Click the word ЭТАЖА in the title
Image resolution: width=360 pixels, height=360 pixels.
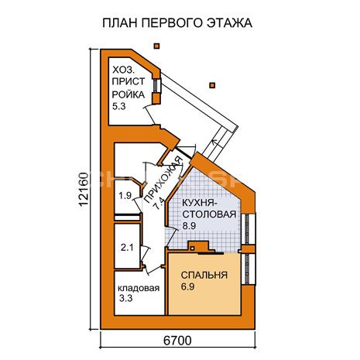pyautogui.click(x=229, y=23)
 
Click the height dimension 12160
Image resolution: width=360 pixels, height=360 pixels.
pyautogui.click(x=84, y=189)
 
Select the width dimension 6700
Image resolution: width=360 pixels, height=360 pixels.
pyautogui.click(x=177, y=341)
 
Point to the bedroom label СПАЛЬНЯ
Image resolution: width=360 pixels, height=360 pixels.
pyautogui.click(x=204, y=275)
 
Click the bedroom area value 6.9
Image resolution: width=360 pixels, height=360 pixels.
pyautogui.click(x=187, y=286)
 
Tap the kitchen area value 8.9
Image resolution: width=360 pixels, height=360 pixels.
pyautogui.click(x=189, y=226)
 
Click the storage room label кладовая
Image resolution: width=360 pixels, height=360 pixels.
pyautogui.click(x=139, y=288)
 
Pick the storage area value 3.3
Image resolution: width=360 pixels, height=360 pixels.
pyautogui.click(x=125, y=298)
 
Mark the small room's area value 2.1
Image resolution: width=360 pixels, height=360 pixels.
pyautogui.click(x=127, y=248)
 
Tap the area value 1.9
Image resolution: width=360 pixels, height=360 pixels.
pyautogui.click(x=125, y=196)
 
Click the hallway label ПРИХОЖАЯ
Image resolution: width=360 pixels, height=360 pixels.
pyautogui.click(x=163, y=180)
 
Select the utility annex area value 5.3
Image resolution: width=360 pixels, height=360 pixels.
pyautogui.click(x=118, y=106)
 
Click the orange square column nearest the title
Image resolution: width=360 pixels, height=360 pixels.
pyautogui.click(x=156, y=46)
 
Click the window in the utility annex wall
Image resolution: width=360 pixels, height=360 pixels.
pyautogui.click(x=157, y=85)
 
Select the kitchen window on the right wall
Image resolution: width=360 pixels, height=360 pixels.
pyautogui.click(x=249, y=229)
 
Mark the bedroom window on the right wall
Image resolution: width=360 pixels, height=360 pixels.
pyautogui.click(x=249, y=269)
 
